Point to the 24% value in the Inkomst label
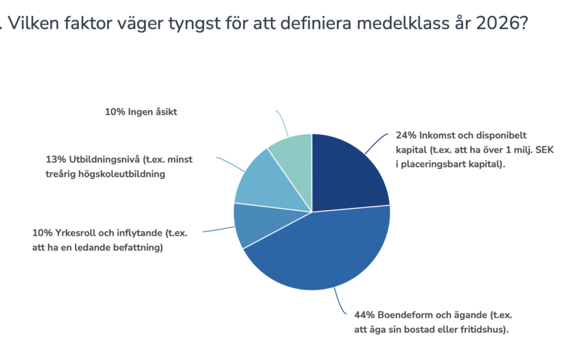(405, 136)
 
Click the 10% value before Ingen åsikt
(114, 112)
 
